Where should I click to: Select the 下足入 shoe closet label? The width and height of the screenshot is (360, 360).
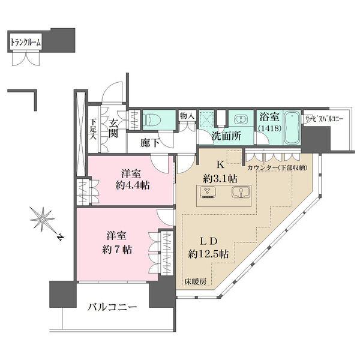click(94, 127)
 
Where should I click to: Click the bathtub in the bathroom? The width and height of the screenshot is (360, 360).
click(291, 127)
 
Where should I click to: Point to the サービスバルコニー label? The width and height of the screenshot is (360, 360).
click(323, 118)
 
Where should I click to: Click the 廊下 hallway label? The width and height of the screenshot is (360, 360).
click(149, 143)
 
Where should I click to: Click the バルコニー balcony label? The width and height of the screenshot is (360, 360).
click(112, 308)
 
